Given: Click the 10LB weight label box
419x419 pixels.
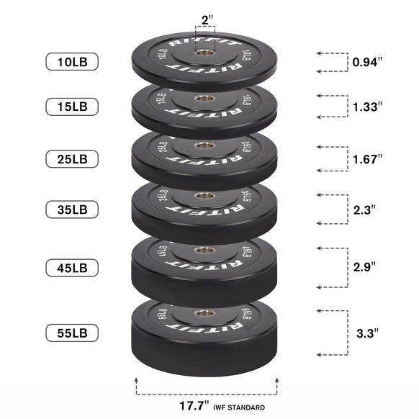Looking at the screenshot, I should click(71, 62).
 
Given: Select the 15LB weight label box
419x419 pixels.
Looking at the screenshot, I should click(71, 107).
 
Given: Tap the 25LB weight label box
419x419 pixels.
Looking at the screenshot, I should click(71, 158).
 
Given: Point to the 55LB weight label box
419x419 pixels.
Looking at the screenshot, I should click(71, 333).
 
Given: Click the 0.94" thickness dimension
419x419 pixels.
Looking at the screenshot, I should click(367, 62).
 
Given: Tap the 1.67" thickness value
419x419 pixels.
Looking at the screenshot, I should click(367, 158).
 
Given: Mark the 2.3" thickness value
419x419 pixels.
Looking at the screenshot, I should click(364, 210).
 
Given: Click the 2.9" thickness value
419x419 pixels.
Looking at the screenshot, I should click(364, 266).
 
